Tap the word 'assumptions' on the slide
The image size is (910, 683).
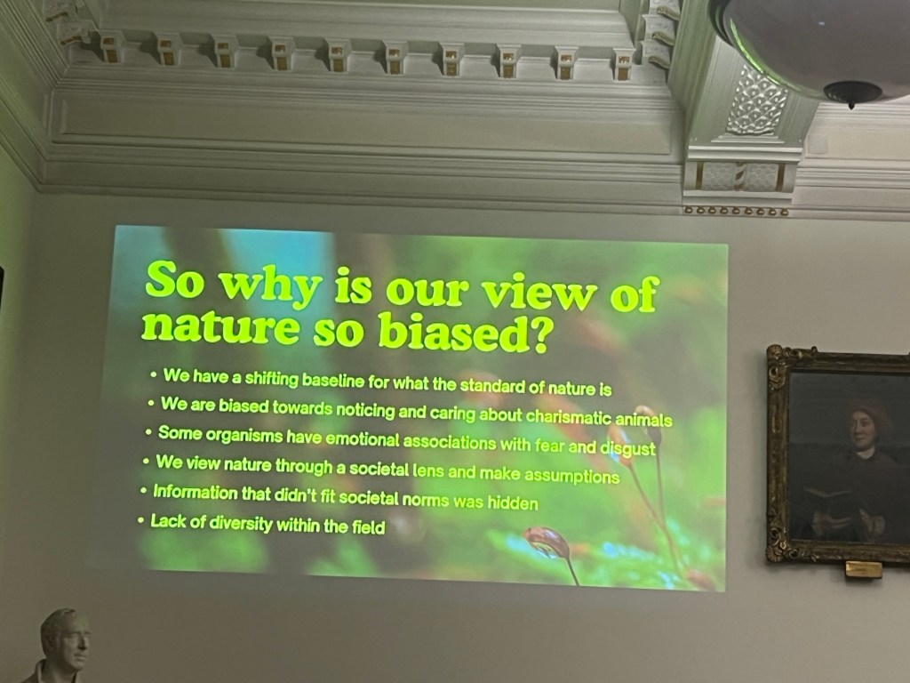571,476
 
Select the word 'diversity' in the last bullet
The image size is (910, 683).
240,523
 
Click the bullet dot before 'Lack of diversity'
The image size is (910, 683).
140,520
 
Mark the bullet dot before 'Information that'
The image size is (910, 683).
143,491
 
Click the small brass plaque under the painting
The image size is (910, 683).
863,569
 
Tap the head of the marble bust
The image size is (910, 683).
66,638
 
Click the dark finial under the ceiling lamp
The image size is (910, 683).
852,93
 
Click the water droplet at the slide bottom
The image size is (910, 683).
547,542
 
